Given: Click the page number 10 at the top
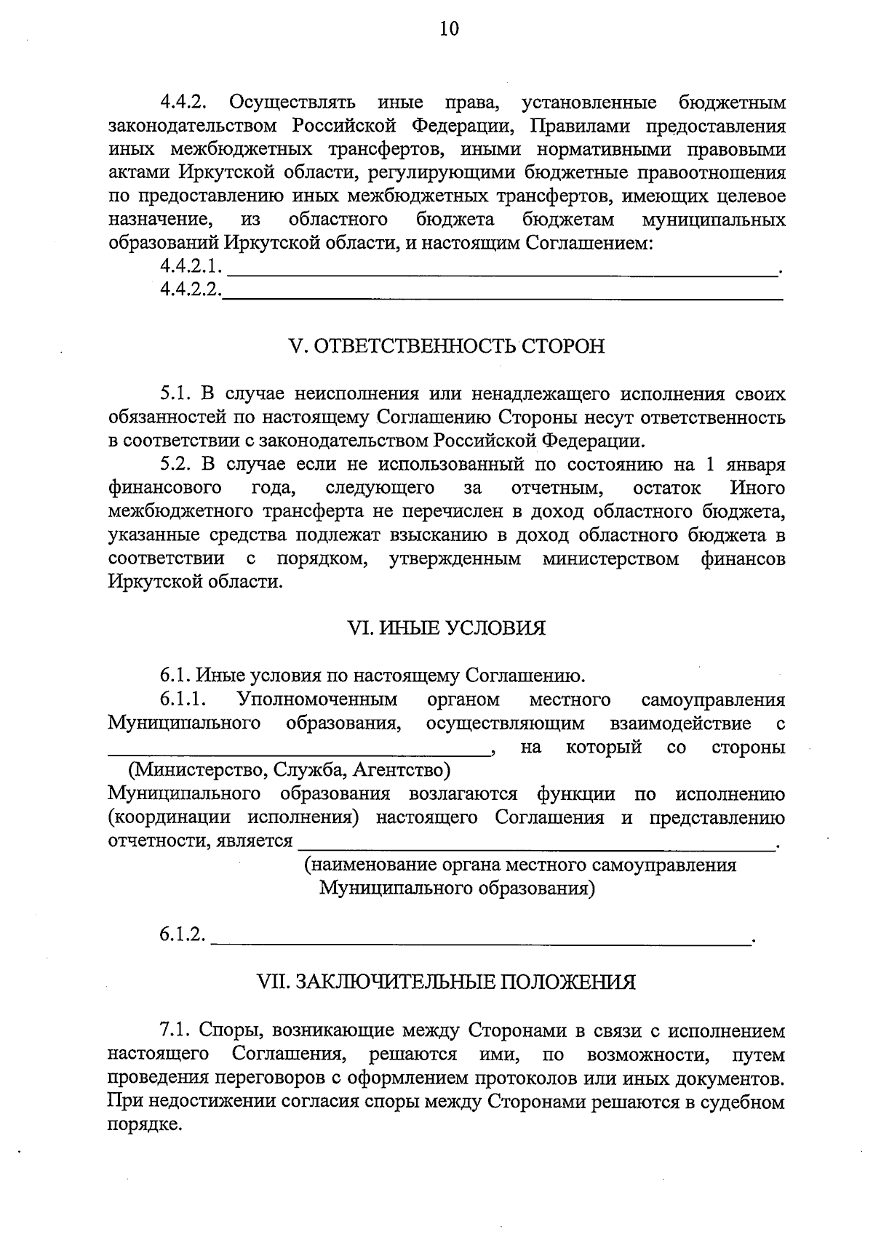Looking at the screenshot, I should point(449,29).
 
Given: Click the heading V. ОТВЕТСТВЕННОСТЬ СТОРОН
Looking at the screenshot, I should point(447,346).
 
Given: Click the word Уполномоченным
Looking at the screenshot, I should point(316,700).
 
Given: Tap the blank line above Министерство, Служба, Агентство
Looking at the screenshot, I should point(298,753).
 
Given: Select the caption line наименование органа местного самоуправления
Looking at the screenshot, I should point(519,865).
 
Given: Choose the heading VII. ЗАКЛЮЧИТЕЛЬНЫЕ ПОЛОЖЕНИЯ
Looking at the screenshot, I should point(447,983).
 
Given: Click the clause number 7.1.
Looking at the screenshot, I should point(175,1031).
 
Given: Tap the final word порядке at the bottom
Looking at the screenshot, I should point(143,1125).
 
